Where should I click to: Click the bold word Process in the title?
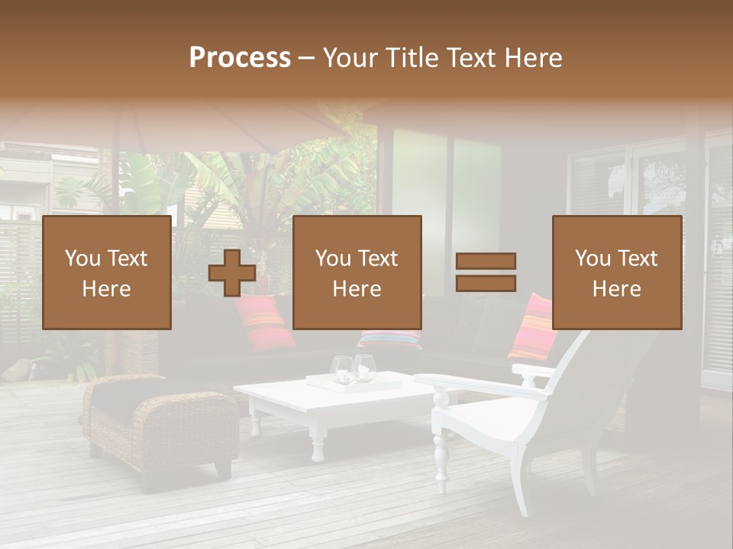240,58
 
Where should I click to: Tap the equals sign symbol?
486,272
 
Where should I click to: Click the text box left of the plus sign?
107,272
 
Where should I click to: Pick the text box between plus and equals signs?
357,272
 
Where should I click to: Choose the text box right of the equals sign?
617,272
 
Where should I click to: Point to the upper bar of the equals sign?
486,262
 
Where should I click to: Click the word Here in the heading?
533,58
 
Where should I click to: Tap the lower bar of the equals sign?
486,283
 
